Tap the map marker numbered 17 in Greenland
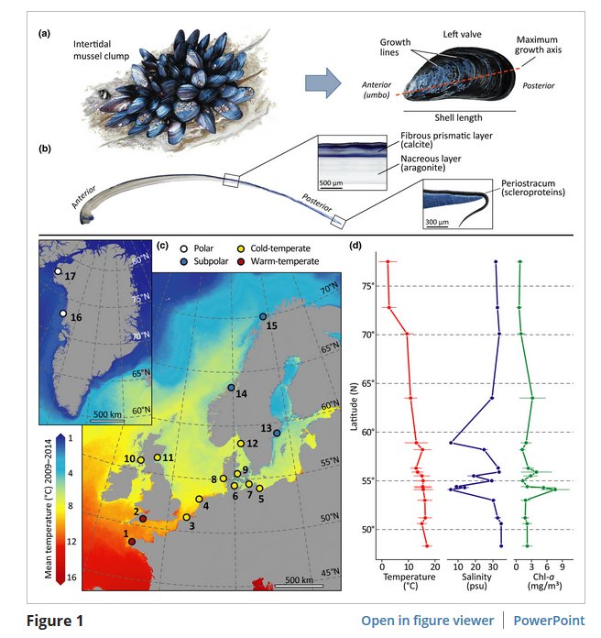click(x=58, y=271)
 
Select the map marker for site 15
click(x=262, y=316)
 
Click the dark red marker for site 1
click(x=132, y=542)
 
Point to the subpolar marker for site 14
click(x=231, y=388)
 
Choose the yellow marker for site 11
click(x=158, y=457)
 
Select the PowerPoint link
click(x=548, y=620)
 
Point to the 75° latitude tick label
click(x=366, y=286)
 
